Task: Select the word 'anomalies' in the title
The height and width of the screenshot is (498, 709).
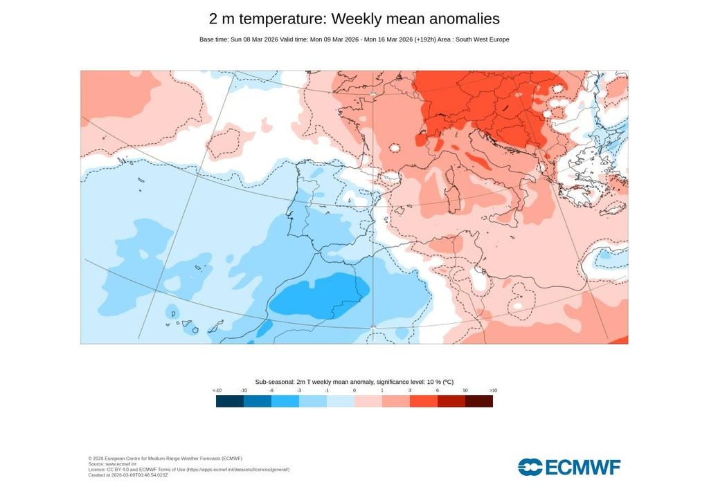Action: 460,19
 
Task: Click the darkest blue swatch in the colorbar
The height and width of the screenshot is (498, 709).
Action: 230,401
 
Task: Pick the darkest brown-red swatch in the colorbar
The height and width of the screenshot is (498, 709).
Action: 479,401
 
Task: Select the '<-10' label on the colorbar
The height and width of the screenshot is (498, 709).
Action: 217,391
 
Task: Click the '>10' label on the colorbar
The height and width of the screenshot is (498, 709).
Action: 493,391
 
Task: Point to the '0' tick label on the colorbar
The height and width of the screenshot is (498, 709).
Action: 354,391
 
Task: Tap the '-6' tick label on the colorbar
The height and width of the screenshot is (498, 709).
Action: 271,391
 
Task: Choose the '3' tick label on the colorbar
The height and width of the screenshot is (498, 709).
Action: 410,391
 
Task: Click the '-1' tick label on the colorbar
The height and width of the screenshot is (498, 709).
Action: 327,391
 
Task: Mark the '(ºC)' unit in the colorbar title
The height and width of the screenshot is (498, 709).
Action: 448,382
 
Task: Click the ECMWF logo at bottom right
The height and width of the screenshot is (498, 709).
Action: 569,467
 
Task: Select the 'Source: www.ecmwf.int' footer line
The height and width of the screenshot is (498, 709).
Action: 116,464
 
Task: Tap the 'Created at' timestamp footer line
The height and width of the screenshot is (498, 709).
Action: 128,475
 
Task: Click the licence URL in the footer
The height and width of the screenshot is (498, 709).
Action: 235,470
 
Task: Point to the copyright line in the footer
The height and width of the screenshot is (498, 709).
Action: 165,459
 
